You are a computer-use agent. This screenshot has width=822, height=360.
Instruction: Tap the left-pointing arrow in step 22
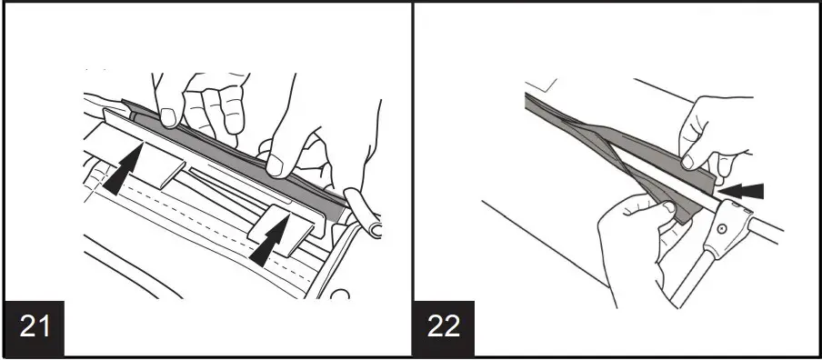747,191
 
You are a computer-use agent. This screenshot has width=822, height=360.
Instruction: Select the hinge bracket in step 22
727,225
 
